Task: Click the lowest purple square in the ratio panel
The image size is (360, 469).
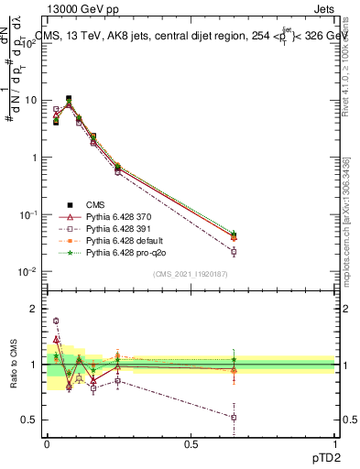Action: [x=235, y=417]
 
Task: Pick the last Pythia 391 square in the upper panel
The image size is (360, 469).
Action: [x=235, y=251]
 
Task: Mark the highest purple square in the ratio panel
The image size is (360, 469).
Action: [x=56, y=321]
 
